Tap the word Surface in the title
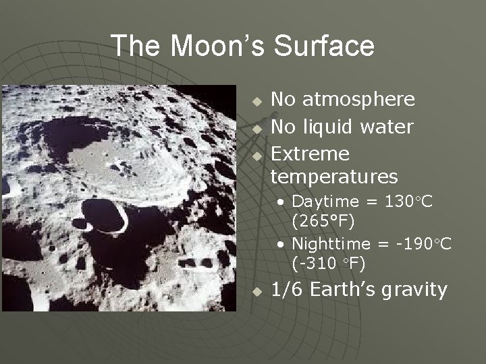click(324, 46)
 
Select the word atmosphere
click(358, 100)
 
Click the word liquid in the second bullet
click(330, 127)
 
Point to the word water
click(387, 127)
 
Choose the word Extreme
click(310, 154)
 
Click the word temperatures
click(334, 177)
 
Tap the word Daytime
click(325, 201)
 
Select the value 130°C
click(408, 201)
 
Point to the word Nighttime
click(331, 243)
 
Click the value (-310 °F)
click(329, 262)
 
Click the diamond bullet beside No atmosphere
click(257, 101)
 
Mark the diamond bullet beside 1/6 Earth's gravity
click(257, 292)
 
